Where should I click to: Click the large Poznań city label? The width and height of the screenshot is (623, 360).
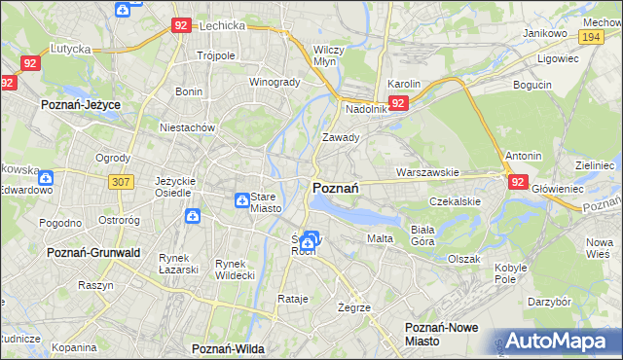click(337, 188)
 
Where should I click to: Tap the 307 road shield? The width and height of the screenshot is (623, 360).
click(122, 181)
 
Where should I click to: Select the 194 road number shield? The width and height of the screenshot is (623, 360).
click(589, 35)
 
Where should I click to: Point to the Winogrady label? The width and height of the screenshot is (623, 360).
click(275, 82)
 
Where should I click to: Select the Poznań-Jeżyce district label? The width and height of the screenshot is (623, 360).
click(79, 102)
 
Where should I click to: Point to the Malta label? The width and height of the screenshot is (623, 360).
click(379, 238)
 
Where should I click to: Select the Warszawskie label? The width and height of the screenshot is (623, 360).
click(427, 172)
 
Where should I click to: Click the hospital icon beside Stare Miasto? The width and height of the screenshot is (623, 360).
click(241, 200)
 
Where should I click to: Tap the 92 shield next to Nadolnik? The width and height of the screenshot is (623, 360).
click(397, 102)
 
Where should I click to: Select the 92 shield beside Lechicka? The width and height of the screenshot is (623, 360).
click(179, 26)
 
